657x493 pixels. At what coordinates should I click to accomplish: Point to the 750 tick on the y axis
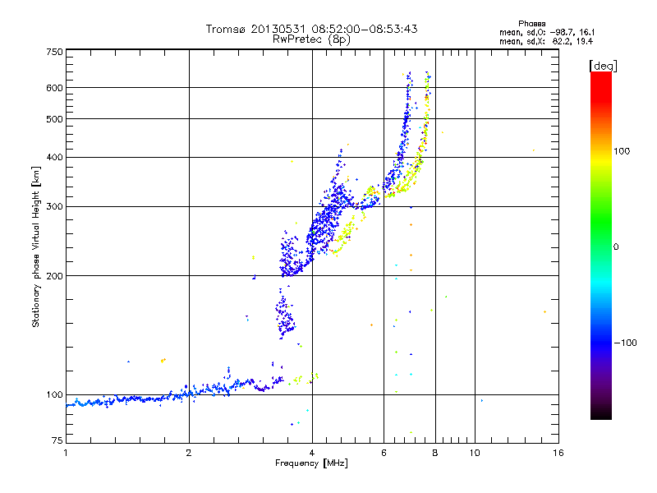[54, 52]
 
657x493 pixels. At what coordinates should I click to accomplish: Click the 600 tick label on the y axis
[54, 87]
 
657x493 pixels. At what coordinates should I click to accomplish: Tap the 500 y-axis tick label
[54, 118]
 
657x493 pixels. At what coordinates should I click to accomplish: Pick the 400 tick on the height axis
[54, 157]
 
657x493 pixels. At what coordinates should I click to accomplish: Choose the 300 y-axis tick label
[54, 206]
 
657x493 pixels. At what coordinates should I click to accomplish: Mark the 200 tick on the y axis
[54, 275]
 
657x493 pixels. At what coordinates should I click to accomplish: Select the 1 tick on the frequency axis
[66, 453]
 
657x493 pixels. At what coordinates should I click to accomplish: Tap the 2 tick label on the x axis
[189, 453]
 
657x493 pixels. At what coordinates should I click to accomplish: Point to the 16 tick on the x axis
[558, 453]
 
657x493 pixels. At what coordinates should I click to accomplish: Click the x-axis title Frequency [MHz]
[311, 463]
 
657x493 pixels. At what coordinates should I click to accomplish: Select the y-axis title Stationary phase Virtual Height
[36, 246]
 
